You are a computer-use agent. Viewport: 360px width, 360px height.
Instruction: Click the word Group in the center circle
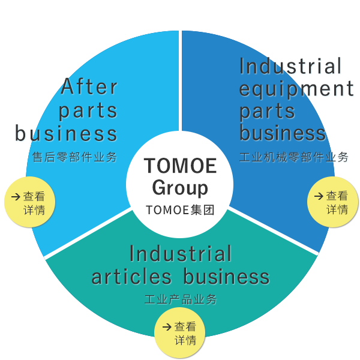pos(180,187)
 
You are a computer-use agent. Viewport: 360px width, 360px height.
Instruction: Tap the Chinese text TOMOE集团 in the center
pos(180,211)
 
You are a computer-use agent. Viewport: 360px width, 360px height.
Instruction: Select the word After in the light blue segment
pos(90,87)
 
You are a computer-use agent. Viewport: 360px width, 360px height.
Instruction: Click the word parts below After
pos(88,110)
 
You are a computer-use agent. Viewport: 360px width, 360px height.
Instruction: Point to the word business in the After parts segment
pos(66,133)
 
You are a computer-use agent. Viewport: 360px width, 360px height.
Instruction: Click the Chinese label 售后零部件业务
pos(74,157)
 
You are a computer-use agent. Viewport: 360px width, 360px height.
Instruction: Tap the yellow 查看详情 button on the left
pos(29,202)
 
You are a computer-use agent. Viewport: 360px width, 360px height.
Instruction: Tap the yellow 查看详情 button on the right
pos(332,202)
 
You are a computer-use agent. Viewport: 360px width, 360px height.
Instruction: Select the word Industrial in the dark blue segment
pos(291,66)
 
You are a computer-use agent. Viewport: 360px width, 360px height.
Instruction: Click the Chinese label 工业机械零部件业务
pos(294,158)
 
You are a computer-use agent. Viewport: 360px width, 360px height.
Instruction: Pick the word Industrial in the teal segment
pos(180,254)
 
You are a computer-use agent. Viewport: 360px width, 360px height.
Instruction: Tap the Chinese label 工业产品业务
pos(180,299)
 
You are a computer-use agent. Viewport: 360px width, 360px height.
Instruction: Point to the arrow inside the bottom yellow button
pos(167,327)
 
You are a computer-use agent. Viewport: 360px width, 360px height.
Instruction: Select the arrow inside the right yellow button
pos(318,196)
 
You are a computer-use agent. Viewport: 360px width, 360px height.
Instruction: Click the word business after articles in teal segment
pos(226,277)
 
